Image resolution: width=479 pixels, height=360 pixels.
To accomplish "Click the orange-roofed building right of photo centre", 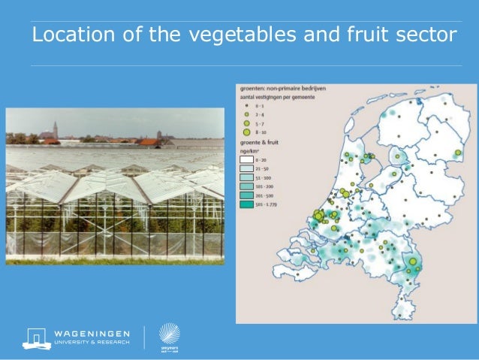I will coord(149,141).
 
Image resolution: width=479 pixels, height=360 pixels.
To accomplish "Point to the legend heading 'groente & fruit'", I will coord(258,141).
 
